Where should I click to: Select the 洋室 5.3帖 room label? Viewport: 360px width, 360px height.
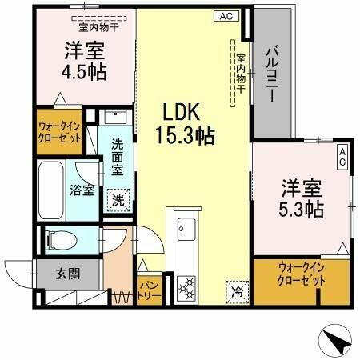[302, 199]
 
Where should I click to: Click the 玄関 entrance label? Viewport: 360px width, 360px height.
[68, 274]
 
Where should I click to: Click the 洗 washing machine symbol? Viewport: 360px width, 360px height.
[118, 199]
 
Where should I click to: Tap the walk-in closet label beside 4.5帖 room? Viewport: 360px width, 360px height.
[60, 132]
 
